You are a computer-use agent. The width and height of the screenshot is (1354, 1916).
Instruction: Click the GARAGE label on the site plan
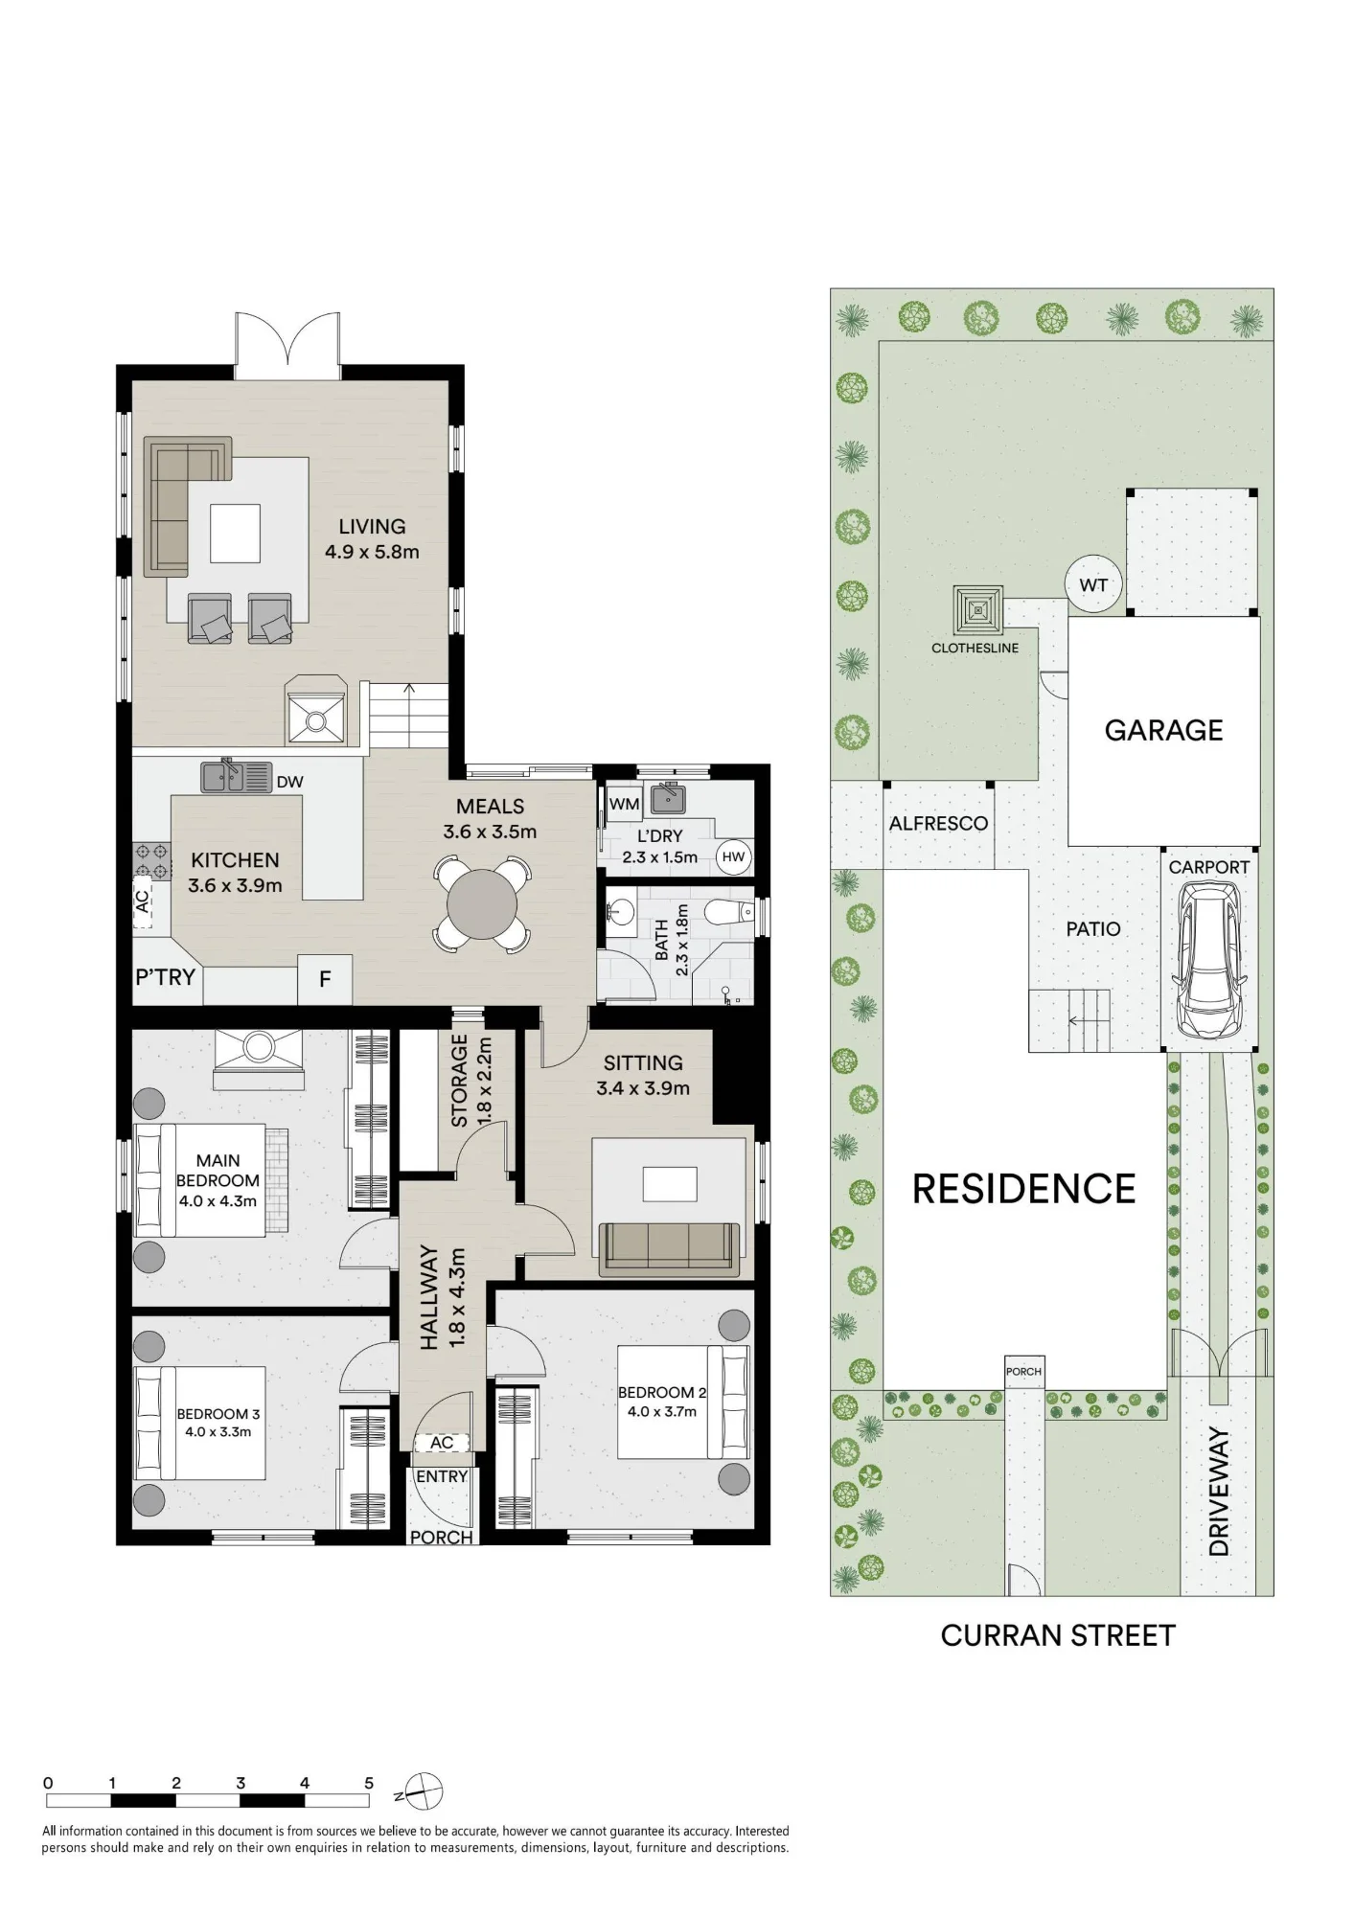point(1163,730)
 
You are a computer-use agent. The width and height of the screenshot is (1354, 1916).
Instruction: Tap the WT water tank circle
point(1093,584)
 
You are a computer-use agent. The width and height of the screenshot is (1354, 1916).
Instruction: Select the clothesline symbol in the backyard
point(977,609)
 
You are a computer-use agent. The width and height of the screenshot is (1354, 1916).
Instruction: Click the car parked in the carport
point(1209,960)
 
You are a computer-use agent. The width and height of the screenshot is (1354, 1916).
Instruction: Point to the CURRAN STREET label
point(1058,1635)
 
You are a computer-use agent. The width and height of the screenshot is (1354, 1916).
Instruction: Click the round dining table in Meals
point(482,904)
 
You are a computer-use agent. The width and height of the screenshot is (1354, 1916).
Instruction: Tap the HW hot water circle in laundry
point(733,856)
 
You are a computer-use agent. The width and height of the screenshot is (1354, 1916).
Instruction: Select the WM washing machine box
point(624,804)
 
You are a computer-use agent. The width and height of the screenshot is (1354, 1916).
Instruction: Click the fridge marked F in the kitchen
point(325,979)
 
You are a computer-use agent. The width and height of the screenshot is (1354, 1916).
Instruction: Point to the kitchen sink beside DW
point(235,776)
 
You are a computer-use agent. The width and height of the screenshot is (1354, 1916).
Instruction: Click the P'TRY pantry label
point(165,977)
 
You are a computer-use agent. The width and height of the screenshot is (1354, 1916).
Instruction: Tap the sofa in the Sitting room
point(670,1249)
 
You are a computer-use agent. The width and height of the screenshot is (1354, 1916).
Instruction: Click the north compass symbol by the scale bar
point(423,1791)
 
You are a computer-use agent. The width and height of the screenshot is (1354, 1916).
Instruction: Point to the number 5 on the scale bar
point(369,1783)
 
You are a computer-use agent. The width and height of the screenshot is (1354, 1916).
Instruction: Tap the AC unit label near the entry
point(442,1443)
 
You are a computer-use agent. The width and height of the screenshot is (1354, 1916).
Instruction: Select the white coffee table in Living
point(235,534)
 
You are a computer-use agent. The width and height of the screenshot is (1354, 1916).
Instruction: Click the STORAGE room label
point(459,1081)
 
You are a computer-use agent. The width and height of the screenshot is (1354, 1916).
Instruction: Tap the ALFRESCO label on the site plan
point(938,823)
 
